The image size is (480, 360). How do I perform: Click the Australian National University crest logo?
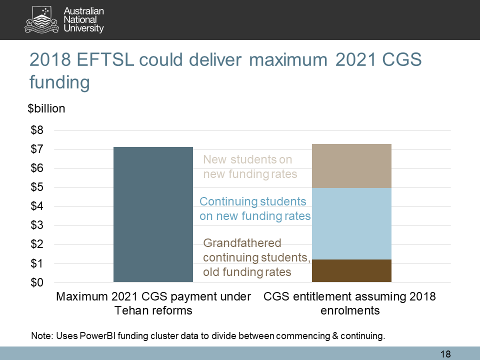pyautogui.click(x=43, y=19)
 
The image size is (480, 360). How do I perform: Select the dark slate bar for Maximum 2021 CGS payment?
pyautogui.click(x=153, y=214)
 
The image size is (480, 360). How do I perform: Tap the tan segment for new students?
pyautogui.click(x=351, y=166)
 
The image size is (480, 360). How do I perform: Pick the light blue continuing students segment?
pyautogui.click(x=351, y=223)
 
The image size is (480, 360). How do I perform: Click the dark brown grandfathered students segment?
pyautogui.click(x=351, y=270)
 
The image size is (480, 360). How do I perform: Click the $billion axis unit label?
pyautogui.click(x=46, y=108)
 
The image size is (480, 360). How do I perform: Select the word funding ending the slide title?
pyautogui.click(x=59, y=81)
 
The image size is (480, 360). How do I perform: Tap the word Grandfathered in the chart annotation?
pyautogui.click(x=242, y=243)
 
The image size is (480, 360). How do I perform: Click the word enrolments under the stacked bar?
pyautogui.click(x=349, y=310)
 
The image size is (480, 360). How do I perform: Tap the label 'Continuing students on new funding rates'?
pyautogui.click(x=254, y=209)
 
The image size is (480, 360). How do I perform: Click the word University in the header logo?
pyautogui.click(x=84, y=28)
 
